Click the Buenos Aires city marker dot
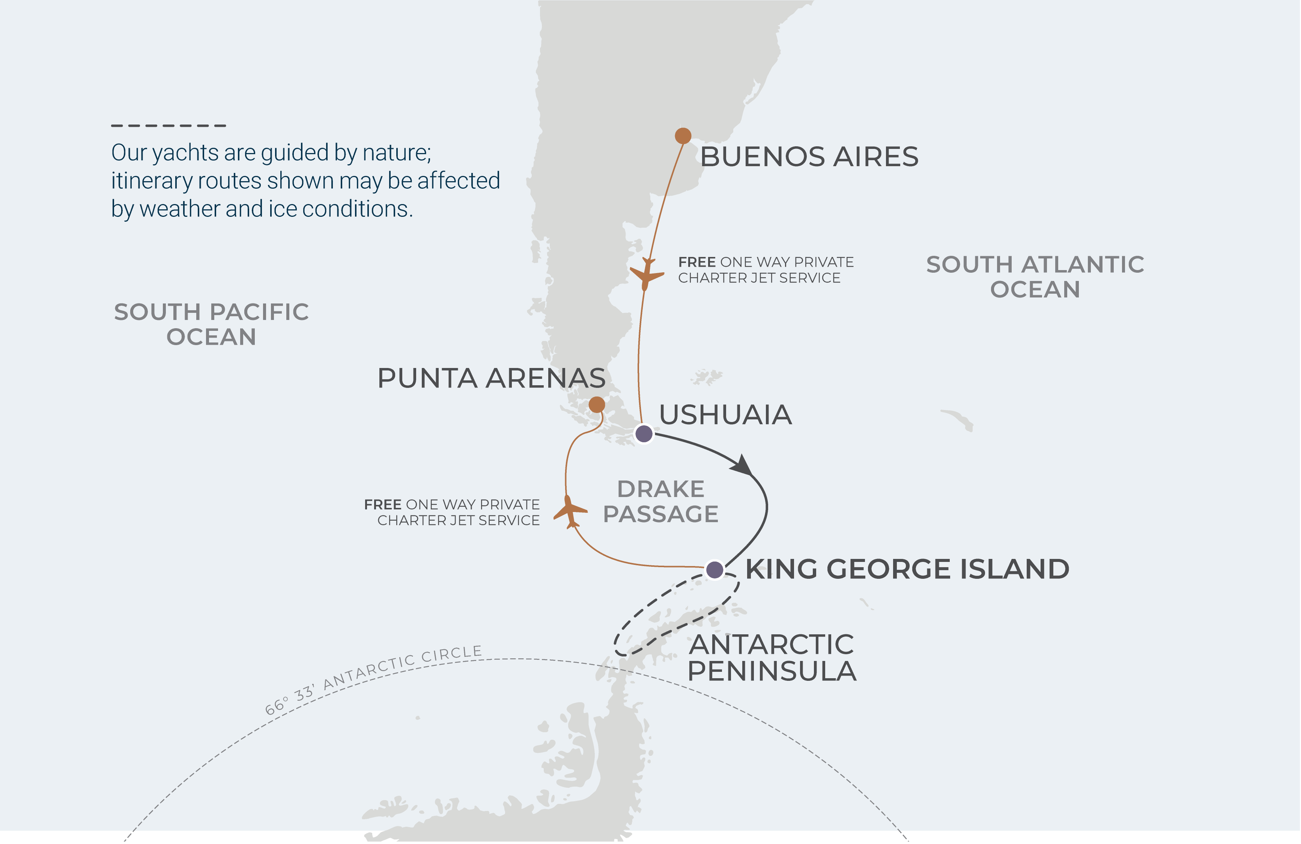pos(683,135)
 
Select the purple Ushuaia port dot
pos(644,434)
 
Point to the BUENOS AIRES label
pos(809,157)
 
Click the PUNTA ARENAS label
pos(491,378)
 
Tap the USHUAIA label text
pos(725,414)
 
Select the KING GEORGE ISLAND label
pos(907,569)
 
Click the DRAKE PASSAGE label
pos(660,502)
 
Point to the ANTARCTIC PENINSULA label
pos(771,658)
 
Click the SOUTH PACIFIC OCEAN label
pos(211,324)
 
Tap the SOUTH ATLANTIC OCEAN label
pos(1035,277)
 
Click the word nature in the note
pos(396,152)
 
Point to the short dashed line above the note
pos(168,126)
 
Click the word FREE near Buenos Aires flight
pos(697,262)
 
